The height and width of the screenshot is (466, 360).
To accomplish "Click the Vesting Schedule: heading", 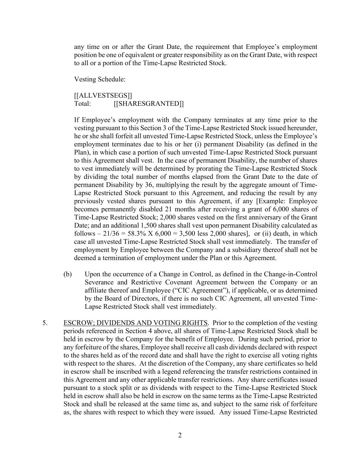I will click(x=100, y=79).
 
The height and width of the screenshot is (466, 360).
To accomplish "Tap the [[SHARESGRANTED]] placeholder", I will click(x=148, y=103).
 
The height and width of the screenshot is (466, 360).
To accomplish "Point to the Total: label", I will click(x=83, y=103).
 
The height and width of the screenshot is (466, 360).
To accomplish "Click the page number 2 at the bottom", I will click(x=180, y=435).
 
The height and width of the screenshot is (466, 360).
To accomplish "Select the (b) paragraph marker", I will click(x=68, y=274).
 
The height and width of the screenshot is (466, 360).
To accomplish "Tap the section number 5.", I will click(x=45, y=323).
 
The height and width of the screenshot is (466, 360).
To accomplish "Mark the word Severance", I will click(x=99, y=282).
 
